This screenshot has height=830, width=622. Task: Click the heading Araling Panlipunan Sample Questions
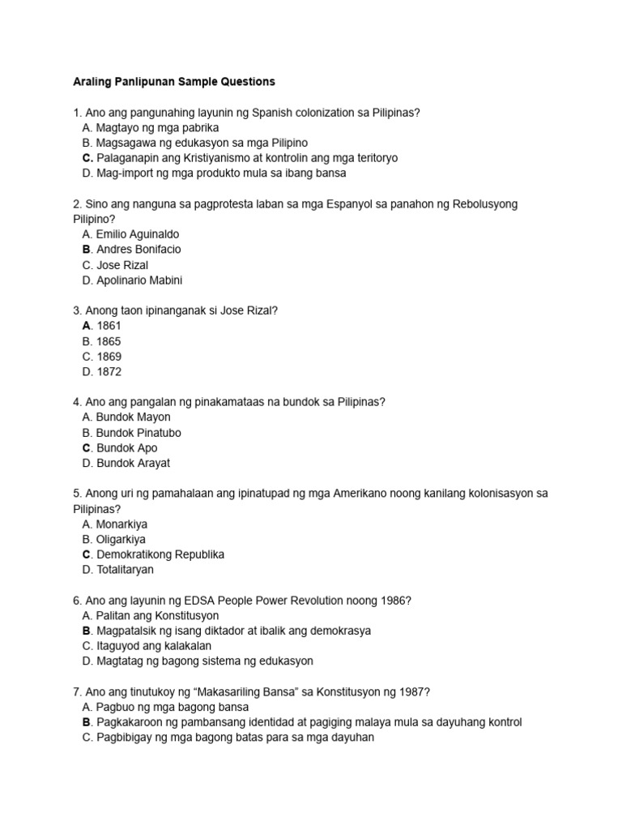tap(174, 82)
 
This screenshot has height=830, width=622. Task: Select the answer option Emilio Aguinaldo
tap(138, 234)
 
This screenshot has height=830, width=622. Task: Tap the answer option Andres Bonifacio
tap(138, 250)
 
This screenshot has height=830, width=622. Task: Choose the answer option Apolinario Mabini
tap(139, 280)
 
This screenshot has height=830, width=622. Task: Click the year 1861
tap(109, 326)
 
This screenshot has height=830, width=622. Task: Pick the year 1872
tap(109, 372)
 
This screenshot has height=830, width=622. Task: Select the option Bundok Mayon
tap(134, 417)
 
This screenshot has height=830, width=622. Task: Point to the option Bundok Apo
tap(127, 448)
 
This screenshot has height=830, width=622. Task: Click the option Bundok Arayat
tap(133, 464)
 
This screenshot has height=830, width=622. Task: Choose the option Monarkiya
tap(121, 524)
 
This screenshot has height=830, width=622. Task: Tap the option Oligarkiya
tap(121, 540)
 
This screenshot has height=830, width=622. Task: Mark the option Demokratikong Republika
tap(160, 554)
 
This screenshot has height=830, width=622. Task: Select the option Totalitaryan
tap(125, 570)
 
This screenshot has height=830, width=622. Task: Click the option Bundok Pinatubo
tap(138, 433)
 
